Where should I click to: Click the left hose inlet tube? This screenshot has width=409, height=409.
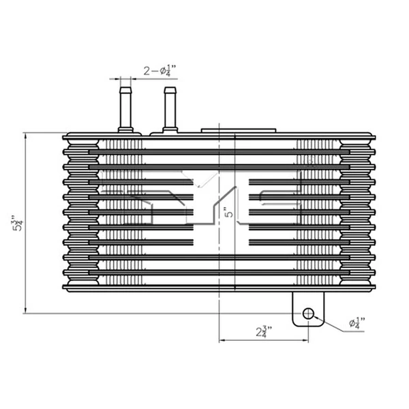pos(125,106)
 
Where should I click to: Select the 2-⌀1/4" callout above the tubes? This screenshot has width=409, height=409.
pos(160,70)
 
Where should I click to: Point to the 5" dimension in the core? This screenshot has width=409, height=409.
pos(230,213)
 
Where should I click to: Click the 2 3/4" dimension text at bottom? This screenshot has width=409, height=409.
pos(263,333)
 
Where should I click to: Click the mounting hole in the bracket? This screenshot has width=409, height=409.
pos(308,313)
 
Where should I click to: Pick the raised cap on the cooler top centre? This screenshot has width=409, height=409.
pos(239,128)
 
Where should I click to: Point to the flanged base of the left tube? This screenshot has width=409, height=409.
pos(125,127)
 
